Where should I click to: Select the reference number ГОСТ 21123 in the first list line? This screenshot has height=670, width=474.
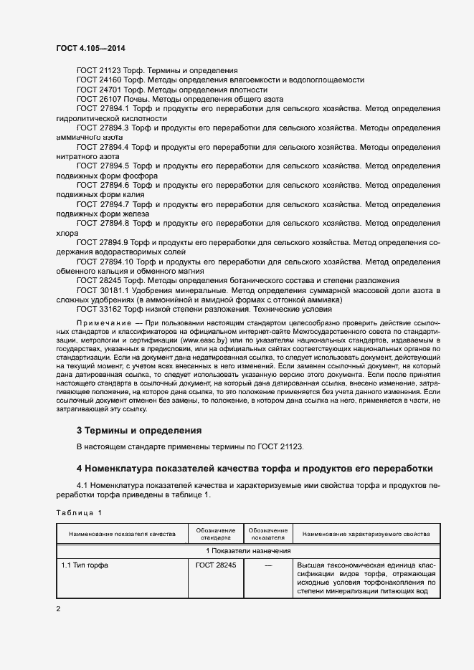pos(100,71)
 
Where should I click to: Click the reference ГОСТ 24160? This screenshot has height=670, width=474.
pos(100,80)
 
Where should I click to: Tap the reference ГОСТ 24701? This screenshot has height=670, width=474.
pos(100,90)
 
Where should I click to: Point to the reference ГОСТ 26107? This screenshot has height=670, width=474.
pos(100,99)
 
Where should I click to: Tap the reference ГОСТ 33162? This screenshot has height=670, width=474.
pos(100,310)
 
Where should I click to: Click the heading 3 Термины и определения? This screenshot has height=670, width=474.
pos(138,431)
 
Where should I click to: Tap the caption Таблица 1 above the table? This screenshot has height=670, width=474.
pos(79,512)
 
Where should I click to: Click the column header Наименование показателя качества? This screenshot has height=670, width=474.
pos(122,535)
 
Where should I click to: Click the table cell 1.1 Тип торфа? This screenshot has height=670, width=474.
pos(85,565)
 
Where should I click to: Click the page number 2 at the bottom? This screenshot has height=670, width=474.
pos(58,609)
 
